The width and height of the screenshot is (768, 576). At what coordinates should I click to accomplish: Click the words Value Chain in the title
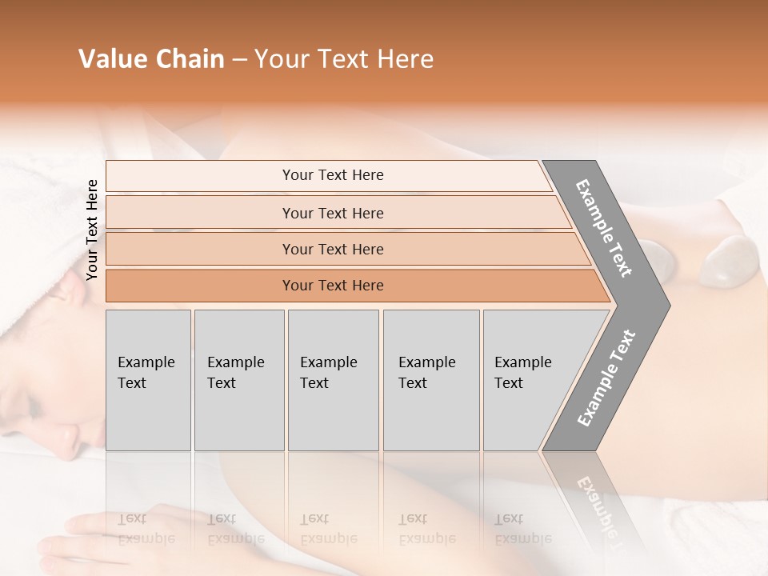[151, 59]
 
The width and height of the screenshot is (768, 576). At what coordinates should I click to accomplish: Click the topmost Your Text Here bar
[332, 175]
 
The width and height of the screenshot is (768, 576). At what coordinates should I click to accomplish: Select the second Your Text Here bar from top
[332, 213]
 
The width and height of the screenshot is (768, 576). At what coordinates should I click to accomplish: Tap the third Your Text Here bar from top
[332, 249]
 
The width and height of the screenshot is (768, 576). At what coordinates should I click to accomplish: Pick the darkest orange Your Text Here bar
[332, 286]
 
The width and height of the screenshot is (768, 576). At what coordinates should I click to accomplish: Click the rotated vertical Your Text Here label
[92, 230]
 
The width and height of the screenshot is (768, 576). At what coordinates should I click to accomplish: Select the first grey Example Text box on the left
[148, 380]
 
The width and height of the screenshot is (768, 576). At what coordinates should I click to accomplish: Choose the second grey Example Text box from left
[238, 380]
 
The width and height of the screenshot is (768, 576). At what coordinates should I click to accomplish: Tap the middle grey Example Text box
[333, 380]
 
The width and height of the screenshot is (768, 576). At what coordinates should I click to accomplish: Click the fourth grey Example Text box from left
[430, 380]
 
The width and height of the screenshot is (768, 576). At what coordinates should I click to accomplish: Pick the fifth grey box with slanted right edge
[528, 380]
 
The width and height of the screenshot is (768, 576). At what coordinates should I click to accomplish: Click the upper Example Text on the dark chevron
[604, 228]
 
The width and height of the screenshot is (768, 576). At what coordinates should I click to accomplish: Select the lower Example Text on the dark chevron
[606, 378]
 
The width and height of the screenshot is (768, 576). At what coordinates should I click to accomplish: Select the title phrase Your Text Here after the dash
[344, 59]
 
